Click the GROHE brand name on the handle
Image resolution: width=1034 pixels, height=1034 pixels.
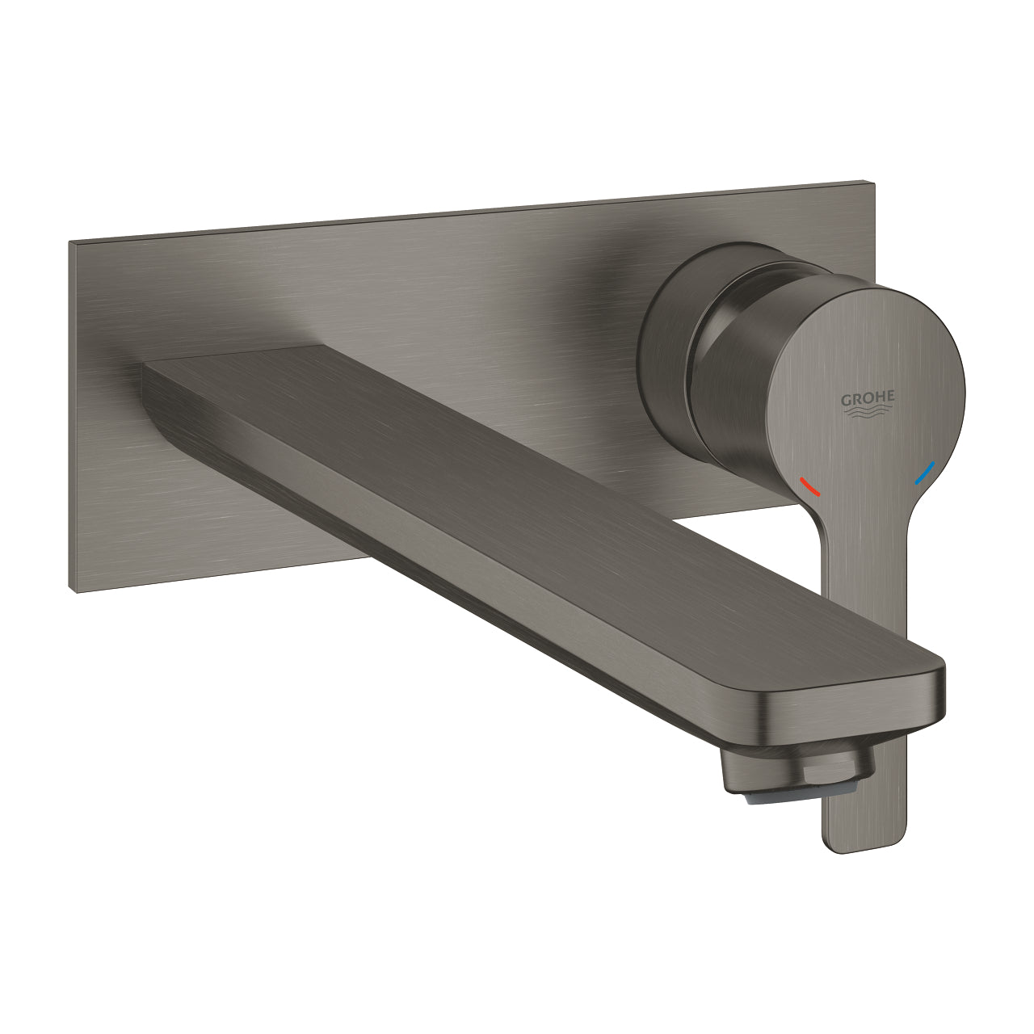(868, 398)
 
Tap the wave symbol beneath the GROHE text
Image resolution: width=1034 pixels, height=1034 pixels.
(868, 413)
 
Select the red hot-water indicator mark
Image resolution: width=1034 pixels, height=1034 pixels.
(809, 486)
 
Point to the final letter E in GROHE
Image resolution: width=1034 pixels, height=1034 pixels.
(890, 396)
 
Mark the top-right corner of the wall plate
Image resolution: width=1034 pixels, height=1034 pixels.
(873, 181)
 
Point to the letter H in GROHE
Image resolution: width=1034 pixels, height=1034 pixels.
(880, 397)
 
